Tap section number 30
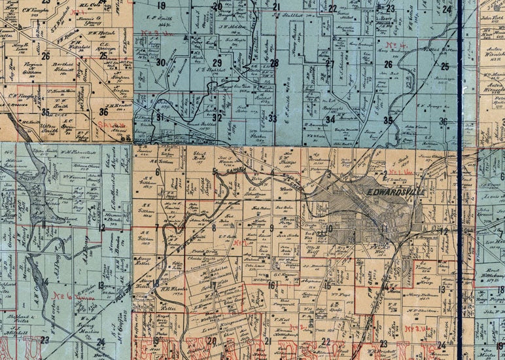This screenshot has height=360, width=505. coord(160,62)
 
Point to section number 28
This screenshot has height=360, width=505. coord(275,63)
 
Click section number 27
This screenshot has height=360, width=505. coord(330,64)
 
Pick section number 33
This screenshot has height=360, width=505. coord(273,118)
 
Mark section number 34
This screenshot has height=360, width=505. coord(330,120)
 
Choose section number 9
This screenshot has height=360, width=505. coord(271,228)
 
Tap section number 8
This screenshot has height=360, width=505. coord(213,227)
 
